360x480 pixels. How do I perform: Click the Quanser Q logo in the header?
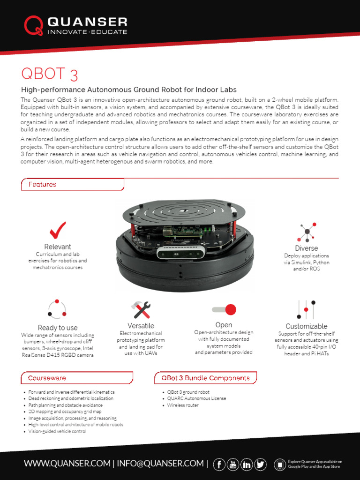pos(33,26)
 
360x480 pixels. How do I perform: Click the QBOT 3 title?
pos(49,74)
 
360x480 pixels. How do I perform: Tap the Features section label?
pos(42,185)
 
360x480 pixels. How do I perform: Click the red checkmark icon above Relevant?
pos(58,230)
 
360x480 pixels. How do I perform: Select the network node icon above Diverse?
pos(307,232)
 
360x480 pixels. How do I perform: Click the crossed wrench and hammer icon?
pos(141,310)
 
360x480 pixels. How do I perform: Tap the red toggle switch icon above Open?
pos(224,309)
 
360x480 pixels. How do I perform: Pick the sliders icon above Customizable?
pos(306,309)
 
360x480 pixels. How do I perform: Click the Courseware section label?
pos(47,378)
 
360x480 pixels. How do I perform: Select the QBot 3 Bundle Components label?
pos(205,378)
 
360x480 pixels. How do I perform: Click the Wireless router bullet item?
pos(183,405)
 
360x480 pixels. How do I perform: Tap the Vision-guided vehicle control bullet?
pos(57,431)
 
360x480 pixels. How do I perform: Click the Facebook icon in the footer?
pos(219,464)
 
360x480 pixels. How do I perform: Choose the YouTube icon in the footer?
pos(232,464)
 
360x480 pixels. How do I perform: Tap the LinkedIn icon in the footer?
pos(247,464)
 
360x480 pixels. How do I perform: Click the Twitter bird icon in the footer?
pos(261,464)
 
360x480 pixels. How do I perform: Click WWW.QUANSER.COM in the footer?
pos(67,464)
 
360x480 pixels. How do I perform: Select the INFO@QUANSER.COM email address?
pos(160,464)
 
